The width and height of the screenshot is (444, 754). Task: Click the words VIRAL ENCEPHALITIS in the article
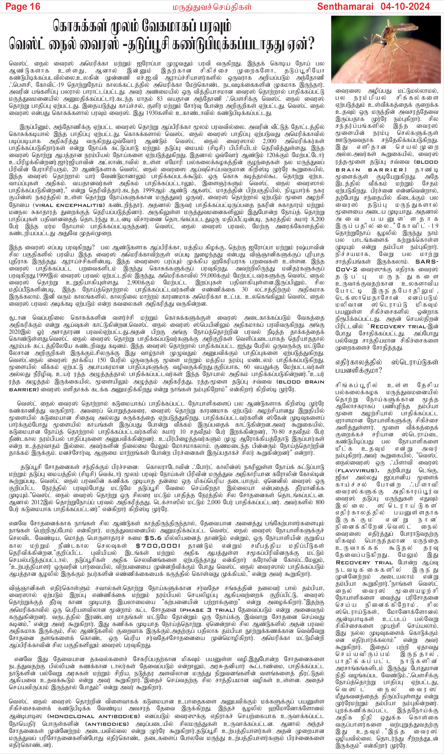pos(69,205)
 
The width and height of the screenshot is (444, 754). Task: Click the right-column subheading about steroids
pos(387,366)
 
